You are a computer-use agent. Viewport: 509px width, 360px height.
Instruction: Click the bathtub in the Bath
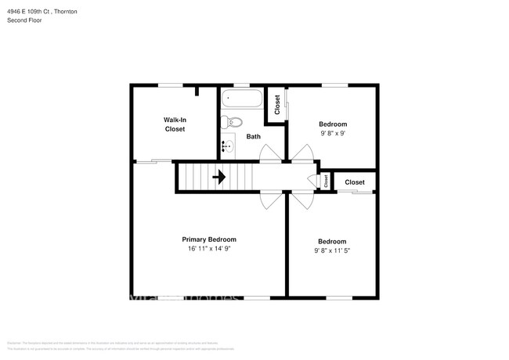tap(241, 99)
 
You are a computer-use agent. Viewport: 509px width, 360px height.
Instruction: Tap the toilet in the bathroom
tap(233, 121)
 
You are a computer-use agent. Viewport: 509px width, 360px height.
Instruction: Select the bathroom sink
tap(228, 146)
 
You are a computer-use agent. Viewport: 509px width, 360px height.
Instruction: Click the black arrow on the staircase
tap(220, 177)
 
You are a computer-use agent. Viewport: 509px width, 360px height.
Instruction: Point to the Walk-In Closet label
tap(175, 124)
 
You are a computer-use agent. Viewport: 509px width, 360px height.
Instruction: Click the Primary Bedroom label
tap(209, 239)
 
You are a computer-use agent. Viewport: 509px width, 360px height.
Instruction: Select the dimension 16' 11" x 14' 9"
tap(209, 249)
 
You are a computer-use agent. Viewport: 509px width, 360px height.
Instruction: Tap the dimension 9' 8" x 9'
tap(333, 133)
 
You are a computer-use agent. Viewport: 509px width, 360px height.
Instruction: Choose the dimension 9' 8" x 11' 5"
tap(333, 250)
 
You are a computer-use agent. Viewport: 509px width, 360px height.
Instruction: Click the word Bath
tap(254, 137)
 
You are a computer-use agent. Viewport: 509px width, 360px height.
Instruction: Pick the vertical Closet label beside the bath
tap(277, 105)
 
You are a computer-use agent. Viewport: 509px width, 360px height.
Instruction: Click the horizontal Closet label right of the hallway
tap(355, 182)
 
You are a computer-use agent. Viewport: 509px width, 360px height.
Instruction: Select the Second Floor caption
tap(24, 20)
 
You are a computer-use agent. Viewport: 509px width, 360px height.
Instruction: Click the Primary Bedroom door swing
tap(269, 200)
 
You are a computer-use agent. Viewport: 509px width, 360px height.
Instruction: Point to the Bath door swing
tap(268, 153)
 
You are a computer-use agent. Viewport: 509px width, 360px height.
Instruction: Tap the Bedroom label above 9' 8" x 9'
tap(333, 124)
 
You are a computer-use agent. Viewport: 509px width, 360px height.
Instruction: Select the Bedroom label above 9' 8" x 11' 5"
tap(332, 241)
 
